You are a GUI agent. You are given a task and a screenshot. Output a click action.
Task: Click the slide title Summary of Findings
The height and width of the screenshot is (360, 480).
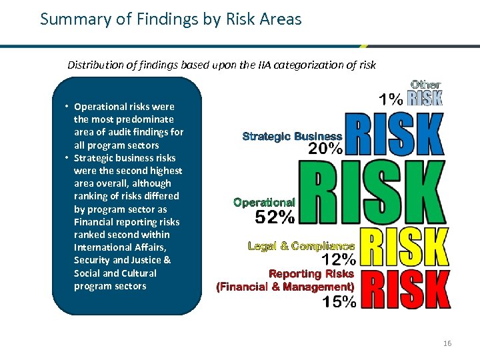tap(171, 19)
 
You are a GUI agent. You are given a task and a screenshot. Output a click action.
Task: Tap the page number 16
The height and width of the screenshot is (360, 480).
tap(447, 343)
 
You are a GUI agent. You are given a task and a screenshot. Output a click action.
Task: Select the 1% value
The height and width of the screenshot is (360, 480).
tap(391, 99)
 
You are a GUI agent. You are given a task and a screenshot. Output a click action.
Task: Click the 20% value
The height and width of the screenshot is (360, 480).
tap(325, 149)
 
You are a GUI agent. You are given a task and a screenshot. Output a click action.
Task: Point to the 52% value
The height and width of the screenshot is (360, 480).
tap(275, 217)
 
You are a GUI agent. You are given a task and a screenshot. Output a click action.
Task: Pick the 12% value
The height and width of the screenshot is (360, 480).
tap(339, 259)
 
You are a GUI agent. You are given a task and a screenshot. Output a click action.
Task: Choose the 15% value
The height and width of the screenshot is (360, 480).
tap(339, 301)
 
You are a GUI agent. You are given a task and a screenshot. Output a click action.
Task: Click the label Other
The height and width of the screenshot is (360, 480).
tap(425, 85)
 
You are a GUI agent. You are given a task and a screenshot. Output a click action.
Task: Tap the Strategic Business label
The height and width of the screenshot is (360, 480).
tap(292, 136)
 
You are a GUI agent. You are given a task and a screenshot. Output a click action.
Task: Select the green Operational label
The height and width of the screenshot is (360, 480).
tap(264, 202)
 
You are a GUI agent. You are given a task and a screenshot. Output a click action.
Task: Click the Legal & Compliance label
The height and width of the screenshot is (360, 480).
tap(301, 246)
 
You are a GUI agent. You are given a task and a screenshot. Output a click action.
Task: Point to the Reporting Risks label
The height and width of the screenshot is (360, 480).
tap(311, 274)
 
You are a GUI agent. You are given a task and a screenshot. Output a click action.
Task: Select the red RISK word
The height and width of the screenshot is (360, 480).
tap(405, 289)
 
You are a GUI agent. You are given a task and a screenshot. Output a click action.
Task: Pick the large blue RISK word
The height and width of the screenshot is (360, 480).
tap(394, 133)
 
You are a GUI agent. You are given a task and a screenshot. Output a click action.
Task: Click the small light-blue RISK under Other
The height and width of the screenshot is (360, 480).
tap(425, 99)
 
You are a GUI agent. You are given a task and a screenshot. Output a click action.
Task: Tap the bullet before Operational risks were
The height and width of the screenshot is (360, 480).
tap(67, 107)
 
